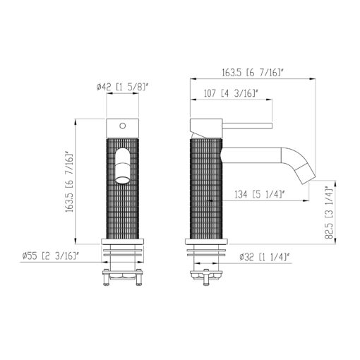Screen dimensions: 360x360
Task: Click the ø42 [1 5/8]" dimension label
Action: [x=123, y=88]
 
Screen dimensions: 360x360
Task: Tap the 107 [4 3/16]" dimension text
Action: [x=231, y=93]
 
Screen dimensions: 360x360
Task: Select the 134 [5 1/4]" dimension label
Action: [x=260, y=194]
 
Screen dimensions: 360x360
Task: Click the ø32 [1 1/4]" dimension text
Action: [x=264, y=257]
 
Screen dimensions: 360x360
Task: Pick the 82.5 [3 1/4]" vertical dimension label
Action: [x=329, y=212]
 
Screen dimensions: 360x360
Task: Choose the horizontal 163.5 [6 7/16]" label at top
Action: [x=253, y=73]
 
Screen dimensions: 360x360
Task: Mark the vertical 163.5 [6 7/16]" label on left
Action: [x=70, y=182]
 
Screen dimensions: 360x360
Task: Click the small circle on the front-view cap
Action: [x=123, y=126]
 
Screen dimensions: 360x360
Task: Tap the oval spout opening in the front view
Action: [x=123, y=166]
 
